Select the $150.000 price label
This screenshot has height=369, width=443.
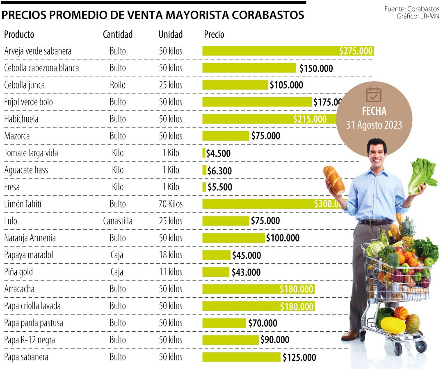(x=316, y=68)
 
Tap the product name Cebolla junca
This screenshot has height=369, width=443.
(x=24, y=85)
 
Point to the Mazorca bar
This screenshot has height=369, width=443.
(x=226, y=136)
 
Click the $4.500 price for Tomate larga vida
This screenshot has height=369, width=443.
(x=218, y=153)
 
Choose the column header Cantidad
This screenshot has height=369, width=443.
(x=118, y=34)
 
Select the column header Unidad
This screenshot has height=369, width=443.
(x=171, y=34)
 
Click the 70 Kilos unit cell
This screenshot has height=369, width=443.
(x=171, y=204)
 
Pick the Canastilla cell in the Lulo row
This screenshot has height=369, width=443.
(x=118, y=221)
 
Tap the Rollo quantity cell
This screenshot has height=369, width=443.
(x=118, y=85)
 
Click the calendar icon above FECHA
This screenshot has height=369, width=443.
(x=374, y=95)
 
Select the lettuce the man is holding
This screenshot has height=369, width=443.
(x=422, y=175)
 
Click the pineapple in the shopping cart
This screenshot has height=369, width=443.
(x=407, y=232)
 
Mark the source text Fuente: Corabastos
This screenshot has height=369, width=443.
(x=412, y=9)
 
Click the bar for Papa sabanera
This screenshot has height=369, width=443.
(x=241, y=357)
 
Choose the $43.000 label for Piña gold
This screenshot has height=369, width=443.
(x=246, y=272)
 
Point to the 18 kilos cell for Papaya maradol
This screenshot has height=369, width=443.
(x=171, y=255)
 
